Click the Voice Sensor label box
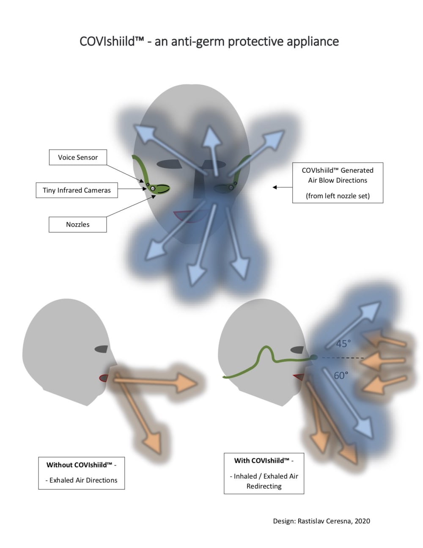coord(78,157)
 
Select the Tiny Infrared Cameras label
coord(77,190)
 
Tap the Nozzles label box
coord(78,224)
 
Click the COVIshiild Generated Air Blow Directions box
coord(338,183)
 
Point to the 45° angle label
coord(343,343)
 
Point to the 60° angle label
coord(341,375)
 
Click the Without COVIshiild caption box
coord(81,473)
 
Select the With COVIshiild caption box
coord(264,473)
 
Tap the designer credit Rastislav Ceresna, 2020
coord(321,521)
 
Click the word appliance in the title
coord(313,42)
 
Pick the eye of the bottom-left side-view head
coord(102,349)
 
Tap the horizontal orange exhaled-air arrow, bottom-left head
coord(157,382)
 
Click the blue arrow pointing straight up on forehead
coord(213,148)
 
